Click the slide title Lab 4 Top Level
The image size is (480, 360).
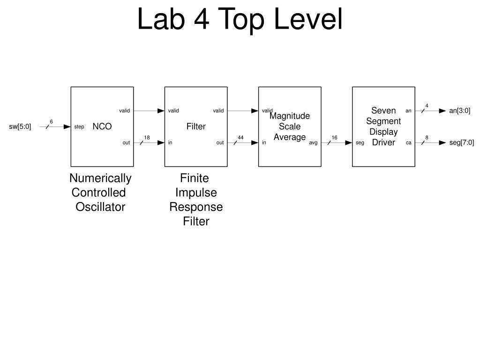tap(240, 20)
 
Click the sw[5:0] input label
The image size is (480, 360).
tap(20, 127)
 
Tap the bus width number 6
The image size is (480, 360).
tap(51, 122)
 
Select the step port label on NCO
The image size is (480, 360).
tap(79, 127)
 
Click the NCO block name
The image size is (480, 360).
tap(102, 127)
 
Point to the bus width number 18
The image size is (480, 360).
tap(147, 137)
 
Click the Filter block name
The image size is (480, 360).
tap(196, 127)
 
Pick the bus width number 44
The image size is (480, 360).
tap(240, 137)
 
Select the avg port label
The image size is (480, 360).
tap(313, 143)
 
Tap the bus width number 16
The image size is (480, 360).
tap(334, 137)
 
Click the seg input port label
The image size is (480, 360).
tap(360, 143)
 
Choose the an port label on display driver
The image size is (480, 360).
tap(408, 111)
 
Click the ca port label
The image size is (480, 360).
tap(408, 143)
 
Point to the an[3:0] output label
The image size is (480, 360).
tap(459, 111)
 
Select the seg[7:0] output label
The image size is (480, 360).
tap(461, 143)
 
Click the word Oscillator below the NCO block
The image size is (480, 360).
tap(100, 207)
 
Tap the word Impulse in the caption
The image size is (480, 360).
tap(196, 193)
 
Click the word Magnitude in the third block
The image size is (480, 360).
tap(290, 116)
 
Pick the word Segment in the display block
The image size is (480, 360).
tap(383, 121)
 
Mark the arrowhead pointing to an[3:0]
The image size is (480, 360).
tap(442, 111)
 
